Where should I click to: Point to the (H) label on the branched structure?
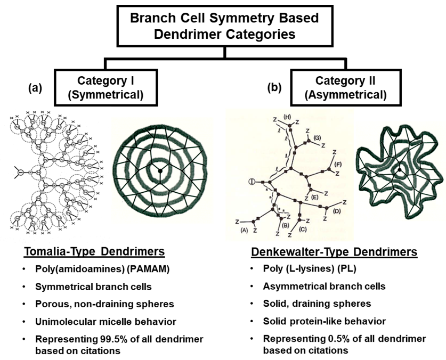tap(288, 117)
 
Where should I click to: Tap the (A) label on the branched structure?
tap(245, 230)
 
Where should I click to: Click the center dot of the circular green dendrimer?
tap(159, 170)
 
